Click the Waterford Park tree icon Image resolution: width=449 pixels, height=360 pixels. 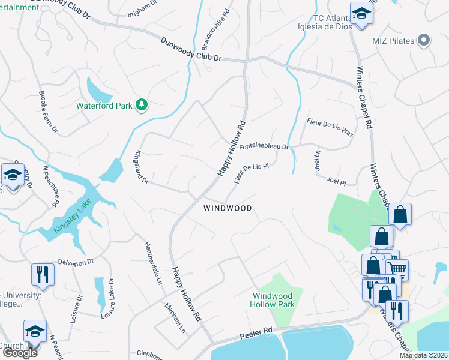tap(142, 106)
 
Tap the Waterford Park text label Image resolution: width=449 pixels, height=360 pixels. tap(104, 106)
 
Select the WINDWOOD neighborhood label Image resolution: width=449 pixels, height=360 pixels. tap(227, 208)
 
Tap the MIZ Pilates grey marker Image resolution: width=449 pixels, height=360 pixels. tap(424, 40)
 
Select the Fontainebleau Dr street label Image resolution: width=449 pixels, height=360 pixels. tap(264, 146)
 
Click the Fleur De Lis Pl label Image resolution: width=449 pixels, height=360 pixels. tap(250, 174)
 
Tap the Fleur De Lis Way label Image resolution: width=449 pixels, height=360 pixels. tap(330, 129)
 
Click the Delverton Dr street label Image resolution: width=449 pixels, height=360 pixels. tap(76, 262)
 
